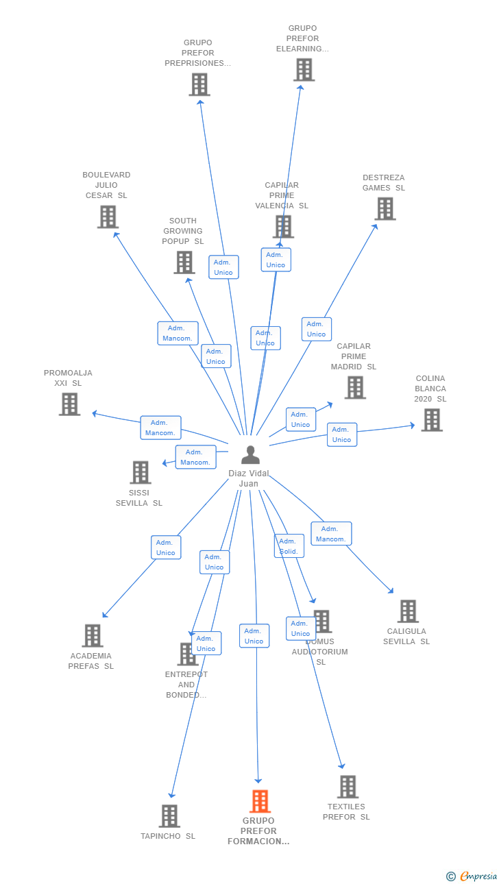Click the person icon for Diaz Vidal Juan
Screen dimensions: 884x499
pyautogui.click(x=250, y=455)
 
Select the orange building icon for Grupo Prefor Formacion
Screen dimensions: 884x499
pyautogui.click(x=259, y=800)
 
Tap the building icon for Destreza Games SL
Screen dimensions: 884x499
pyautogui.click(x=385, y=209)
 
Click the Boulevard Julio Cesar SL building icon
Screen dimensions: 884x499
pyautogui.click(x=108, y=217)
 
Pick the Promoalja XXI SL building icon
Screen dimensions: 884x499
pyautogui.click(x=69, y=404)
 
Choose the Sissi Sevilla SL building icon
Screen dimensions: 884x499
pyautogui.click(x=141, y=472)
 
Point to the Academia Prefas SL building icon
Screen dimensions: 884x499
pyautogui.click(x=93, y=635)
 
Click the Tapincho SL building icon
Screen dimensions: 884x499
pyautogui.click(x=169, y=815)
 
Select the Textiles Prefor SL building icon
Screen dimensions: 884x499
pyautogui.click(x=348, y=787)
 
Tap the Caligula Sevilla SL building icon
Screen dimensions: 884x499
pyautogui.click(x=408, y=611)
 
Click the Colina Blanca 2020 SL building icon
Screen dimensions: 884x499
pyautogui.click(x=431, y=420)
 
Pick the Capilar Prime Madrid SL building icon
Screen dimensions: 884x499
pyautogui.click(x=354, y=388)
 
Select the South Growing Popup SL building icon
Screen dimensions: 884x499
pyautogui.click(x=184, y=262)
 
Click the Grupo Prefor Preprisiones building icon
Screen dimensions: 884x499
pyautogui.click(x=199, y=85)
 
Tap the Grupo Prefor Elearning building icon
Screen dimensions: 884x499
pyautogui.click(x=304, y=70)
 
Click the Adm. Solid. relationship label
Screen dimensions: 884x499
pyautogui.click(x=289, y=546)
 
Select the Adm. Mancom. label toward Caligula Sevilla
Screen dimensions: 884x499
pyautogui.click(x=331, y=534)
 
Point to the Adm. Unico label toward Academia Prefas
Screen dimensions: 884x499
pyautogui.click(x=166, y=548)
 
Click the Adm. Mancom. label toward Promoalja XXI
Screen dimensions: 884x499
pyautogui.click(x=160, y=428)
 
